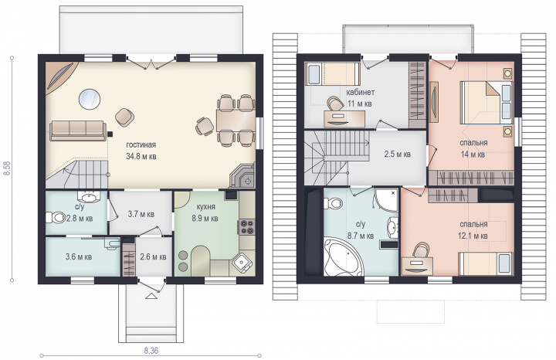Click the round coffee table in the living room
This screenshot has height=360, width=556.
[90, 100]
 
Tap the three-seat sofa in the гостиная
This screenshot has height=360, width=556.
[78, 131]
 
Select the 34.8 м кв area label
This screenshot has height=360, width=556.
[141, 156]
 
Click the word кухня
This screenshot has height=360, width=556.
[205, 207]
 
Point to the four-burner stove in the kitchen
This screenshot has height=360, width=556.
[247, 227]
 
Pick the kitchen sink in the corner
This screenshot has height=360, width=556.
[243, 263]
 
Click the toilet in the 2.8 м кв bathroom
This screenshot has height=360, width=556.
[56, 217]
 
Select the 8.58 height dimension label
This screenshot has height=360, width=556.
[6, 168]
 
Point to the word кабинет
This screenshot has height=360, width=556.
[361, 93]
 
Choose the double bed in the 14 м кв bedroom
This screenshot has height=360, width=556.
[486, 103]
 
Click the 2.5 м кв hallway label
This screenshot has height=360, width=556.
[398, 155]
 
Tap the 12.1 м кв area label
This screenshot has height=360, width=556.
[473, 236]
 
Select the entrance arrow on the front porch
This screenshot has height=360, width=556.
[151, 296]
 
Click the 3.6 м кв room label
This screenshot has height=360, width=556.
[79, 256]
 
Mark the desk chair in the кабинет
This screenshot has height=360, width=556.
[335, 103]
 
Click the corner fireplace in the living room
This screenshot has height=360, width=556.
[243, 175]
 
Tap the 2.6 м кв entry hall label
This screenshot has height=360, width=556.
[153, 256]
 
